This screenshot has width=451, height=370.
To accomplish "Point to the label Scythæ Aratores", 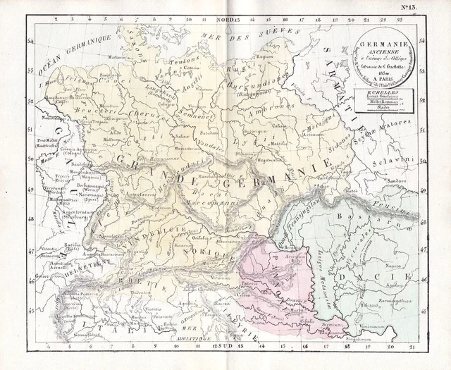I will click(409, 130).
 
